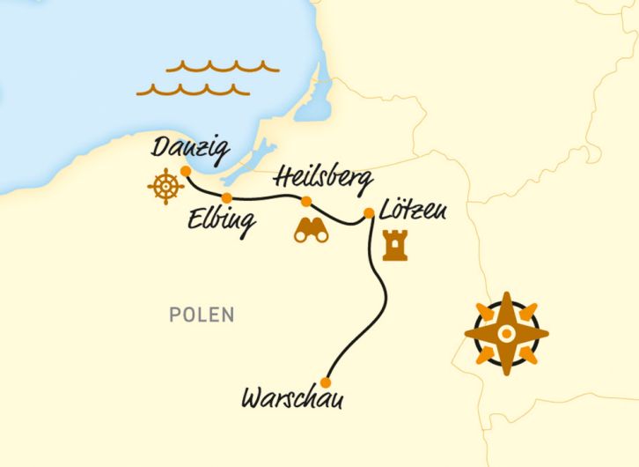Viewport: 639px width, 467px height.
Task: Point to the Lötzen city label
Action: click(414, 212)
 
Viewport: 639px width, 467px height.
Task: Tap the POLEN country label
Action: click(203, 315)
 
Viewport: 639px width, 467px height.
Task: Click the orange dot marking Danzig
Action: click(185, 171)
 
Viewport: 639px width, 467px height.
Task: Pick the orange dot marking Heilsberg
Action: click(306, 202)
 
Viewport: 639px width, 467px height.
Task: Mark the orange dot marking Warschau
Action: click(326, 382)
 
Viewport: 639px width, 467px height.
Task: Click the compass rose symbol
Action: click(506, 334)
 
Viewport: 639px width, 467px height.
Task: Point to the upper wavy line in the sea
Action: click(222, 66)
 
